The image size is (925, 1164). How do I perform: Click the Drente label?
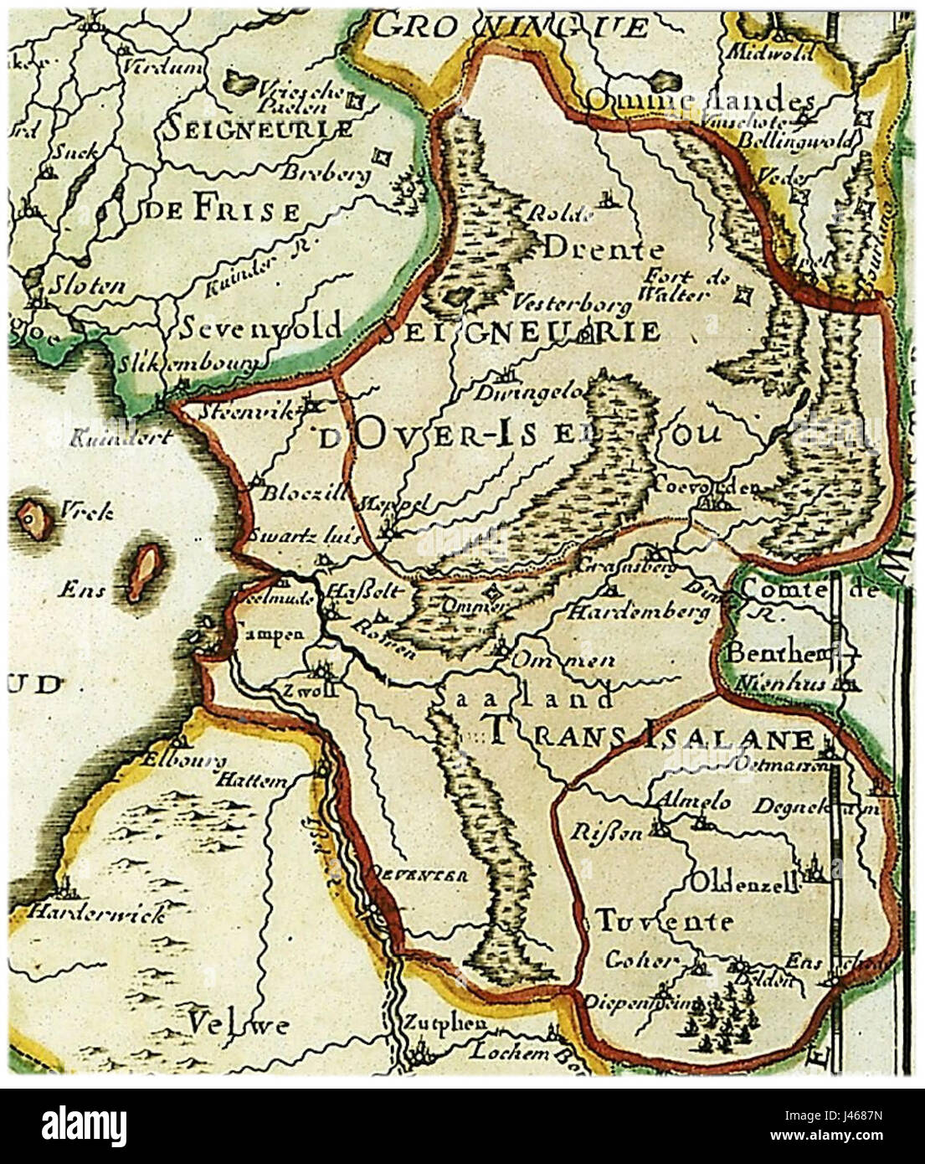pos(604,250)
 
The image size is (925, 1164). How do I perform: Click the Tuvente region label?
pos(664,922)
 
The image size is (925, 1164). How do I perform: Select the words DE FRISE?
pos(219,210)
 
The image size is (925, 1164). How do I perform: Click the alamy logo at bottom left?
pos(76,1125)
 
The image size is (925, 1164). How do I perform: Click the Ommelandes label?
pos(699,100)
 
